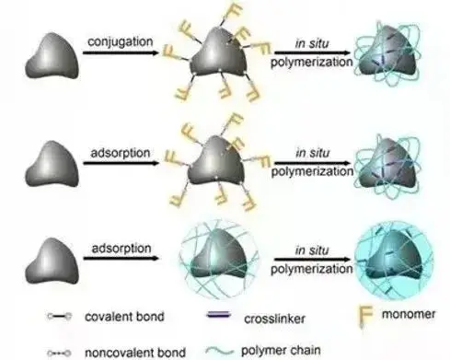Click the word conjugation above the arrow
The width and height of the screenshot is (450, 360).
pos(120,42)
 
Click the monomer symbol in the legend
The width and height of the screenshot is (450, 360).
pos(365,317)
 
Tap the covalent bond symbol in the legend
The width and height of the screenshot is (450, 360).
pos(60,316)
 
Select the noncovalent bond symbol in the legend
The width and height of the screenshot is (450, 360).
pos(60,354)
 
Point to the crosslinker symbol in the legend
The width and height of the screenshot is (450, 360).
pos(218,315)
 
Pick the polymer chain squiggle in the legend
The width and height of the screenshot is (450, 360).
pos(219,351)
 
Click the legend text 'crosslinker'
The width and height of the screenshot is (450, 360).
pos(274,319)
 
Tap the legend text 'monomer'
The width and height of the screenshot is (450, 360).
pos(409,314)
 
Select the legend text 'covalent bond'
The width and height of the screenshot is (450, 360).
pos(124,317)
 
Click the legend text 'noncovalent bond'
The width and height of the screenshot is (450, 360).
pos(135,353)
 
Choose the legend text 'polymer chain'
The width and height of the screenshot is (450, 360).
pos(281,351)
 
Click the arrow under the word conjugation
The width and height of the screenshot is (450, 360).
pos(121,52)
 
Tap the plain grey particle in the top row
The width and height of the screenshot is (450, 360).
pos(52,56)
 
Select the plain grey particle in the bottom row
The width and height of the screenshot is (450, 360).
pos(52,261)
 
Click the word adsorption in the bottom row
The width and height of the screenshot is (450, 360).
pos(121,249)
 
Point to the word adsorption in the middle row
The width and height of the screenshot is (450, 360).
pos(121,153)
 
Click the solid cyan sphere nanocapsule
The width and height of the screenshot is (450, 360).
pos(394,261)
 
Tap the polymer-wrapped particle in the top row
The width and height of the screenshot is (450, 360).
pos(387,52)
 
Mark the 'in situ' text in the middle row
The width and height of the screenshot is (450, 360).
pos(312,153)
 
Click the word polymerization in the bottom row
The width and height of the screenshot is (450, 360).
pos(312,269)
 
